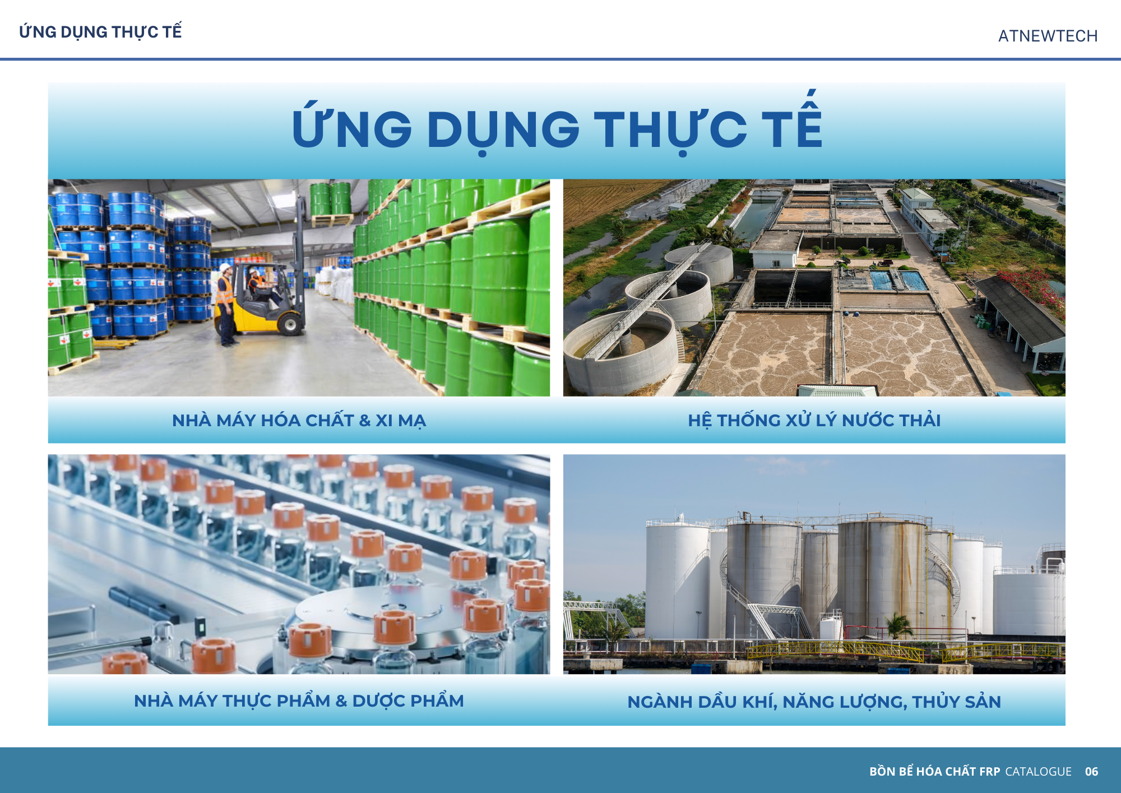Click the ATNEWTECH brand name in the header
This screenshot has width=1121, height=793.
tap(1048, 36)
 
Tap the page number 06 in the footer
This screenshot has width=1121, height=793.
tap(1091, 771)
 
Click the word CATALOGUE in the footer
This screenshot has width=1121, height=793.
tap(1038, 771)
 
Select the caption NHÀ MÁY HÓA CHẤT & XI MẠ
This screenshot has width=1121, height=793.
tap(299, 420)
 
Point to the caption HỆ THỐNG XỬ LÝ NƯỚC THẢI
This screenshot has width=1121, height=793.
tap(814, 420)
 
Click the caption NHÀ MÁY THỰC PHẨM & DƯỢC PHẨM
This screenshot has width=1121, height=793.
tap(299, 700)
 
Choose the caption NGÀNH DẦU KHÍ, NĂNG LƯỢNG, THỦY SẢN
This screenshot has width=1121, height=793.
tap(814, 702)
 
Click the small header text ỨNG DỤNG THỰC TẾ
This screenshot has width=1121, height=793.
tap(100, 31)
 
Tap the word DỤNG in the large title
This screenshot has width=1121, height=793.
tap(503, 130)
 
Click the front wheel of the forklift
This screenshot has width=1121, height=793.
tap(290, 324)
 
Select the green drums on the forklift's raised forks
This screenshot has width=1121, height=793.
tap(331, 199)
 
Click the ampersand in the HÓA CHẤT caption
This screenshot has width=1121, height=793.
tap(365, 421)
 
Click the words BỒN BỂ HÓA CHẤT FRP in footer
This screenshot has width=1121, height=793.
tap(934, 771)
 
